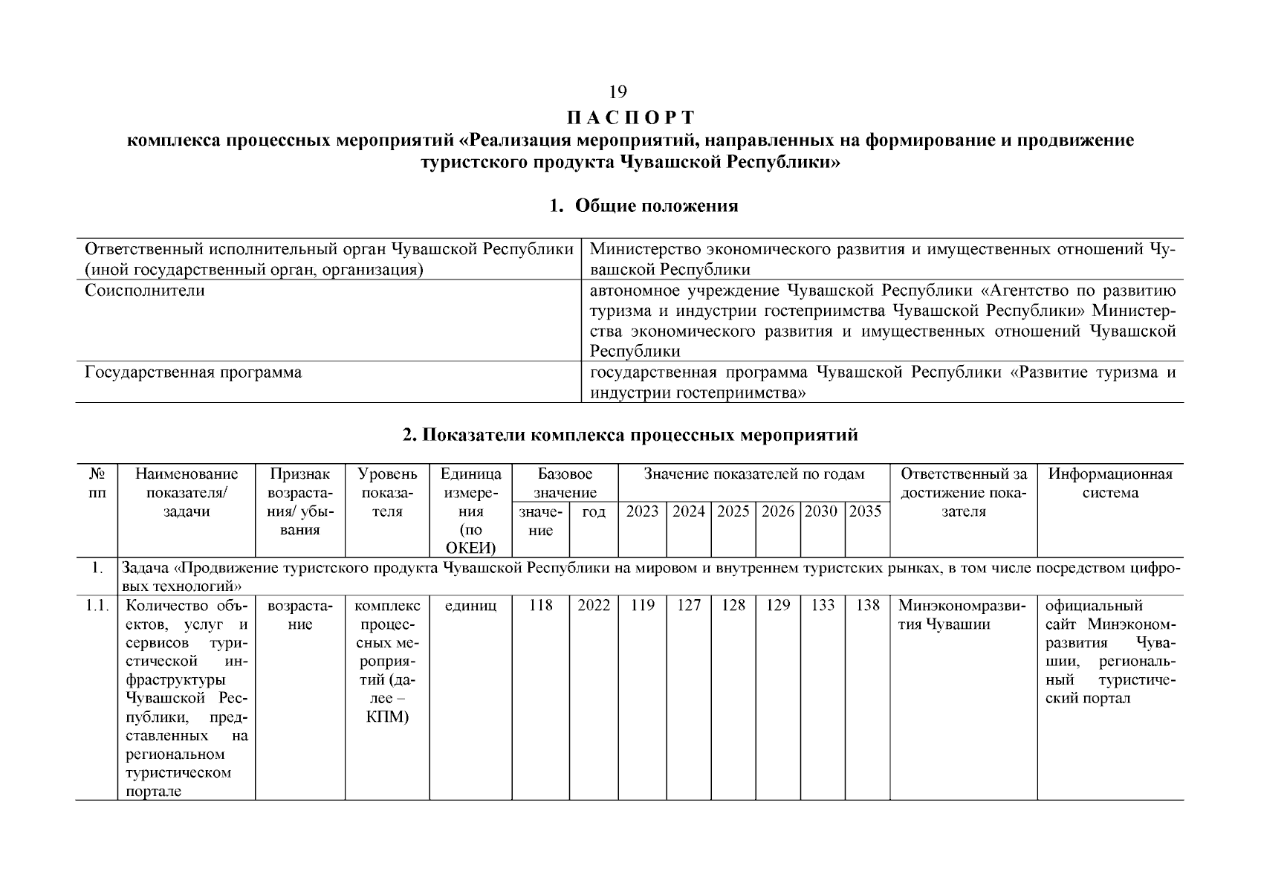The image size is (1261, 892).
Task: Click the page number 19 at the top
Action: coord(617,92)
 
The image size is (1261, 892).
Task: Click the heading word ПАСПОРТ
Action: coord(630,118)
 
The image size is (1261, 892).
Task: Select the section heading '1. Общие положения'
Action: coord(644,206)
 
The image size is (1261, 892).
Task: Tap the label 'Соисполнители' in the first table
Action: coord(145,291)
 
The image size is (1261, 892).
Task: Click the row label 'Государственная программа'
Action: coord(193,372)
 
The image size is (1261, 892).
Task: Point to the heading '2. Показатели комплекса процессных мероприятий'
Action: coord(630,435)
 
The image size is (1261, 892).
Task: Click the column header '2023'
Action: coord(642,511)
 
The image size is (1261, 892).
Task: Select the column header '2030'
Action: coord(821,511)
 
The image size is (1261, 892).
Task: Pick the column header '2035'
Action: coord(865,511)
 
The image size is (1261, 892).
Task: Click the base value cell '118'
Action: coord(540,606)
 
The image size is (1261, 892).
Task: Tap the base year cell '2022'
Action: coord(594,606)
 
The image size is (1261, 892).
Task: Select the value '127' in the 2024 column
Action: coord(688,606)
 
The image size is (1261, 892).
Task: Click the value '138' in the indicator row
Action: coord(867,606)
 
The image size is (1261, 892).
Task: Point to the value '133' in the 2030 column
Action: coord(823,606)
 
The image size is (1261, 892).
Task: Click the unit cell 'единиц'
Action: coord(470,606)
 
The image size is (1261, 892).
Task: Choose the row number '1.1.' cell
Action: coord(97,606)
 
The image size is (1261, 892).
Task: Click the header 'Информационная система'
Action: coord(1109,483)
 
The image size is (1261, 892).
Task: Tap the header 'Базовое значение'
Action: coord(565,483)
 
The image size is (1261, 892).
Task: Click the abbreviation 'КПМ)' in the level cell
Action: coord(387,717)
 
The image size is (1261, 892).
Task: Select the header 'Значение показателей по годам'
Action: coord(753,474)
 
